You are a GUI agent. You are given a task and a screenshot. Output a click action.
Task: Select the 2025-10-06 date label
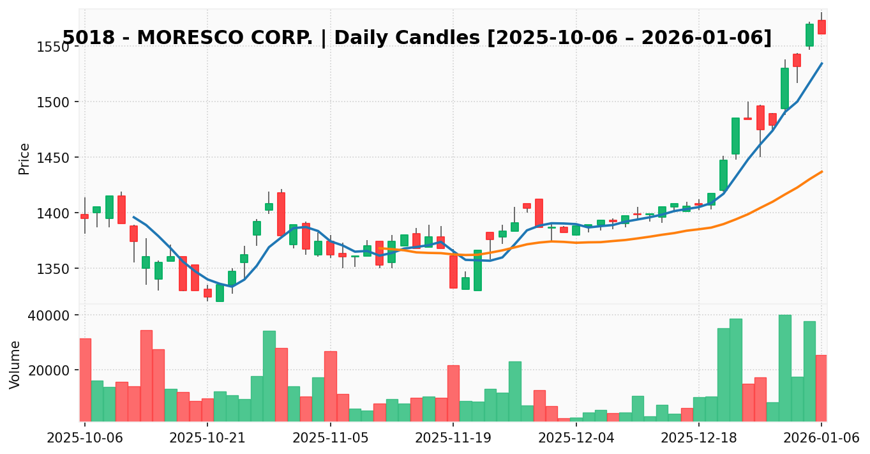pos(85,437)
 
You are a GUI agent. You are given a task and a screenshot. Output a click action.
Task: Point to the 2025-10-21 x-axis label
pos(207,437)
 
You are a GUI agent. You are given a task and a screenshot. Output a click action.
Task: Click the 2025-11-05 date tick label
pos(331,437)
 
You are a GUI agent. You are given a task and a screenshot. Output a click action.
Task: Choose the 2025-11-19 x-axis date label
pos(453,437)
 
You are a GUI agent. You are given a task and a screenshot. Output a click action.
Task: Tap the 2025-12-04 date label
pos(576,437)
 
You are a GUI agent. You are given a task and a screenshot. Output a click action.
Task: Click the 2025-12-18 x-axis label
pos(699,437)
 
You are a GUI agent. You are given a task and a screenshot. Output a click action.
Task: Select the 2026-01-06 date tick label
pos(821,437)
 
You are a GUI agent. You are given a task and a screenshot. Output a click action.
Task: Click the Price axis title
pos(24,158)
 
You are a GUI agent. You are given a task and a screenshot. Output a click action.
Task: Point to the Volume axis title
pos(15,365)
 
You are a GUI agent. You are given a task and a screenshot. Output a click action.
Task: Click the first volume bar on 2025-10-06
pos(85,380)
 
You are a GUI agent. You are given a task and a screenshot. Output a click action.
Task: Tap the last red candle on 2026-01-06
pos(821,27)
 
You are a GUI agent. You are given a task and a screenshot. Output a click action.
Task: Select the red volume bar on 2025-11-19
pos(453,393)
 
